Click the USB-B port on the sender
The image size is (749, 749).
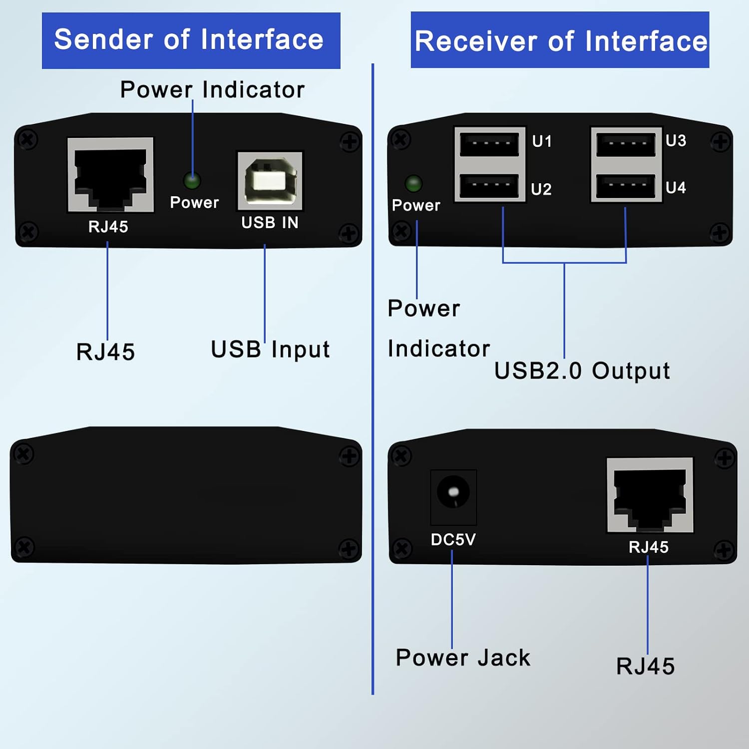(270, 181)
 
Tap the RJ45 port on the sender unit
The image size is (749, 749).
(110, 175)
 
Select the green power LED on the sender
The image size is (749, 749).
(192, 180)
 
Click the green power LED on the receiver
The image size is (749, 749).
(413, 183)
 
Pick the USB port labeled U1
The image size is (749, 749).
(489, 144)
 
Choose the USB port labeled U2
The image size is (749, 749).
(489, 186)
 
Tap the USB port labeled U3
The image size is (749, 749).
(626, 144)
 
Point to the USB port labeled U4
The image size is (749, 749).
(626, 186)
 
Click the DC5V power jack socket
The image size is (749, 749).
(453, 492)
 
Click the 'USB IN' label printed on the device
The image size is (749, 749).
(270, 223)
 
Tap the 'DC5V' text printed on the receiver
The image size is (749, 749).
(453, 539)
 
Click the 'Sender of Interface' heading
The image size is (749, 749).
(189, 40)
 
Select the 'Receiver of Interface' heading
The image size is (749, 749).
(561, 41)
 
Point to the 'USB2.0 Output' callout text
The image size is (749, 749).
(582, 371)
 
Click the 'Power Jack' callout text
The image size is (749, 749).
(463, 658)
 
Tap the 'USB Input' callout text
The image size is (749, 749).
(270, 350)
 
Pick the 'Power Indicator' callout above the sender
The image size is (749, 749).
(212, 90)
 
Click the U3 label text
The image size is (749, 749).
(676, 141)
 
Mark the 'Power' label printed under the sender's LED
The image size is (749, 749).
(194, 202)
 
